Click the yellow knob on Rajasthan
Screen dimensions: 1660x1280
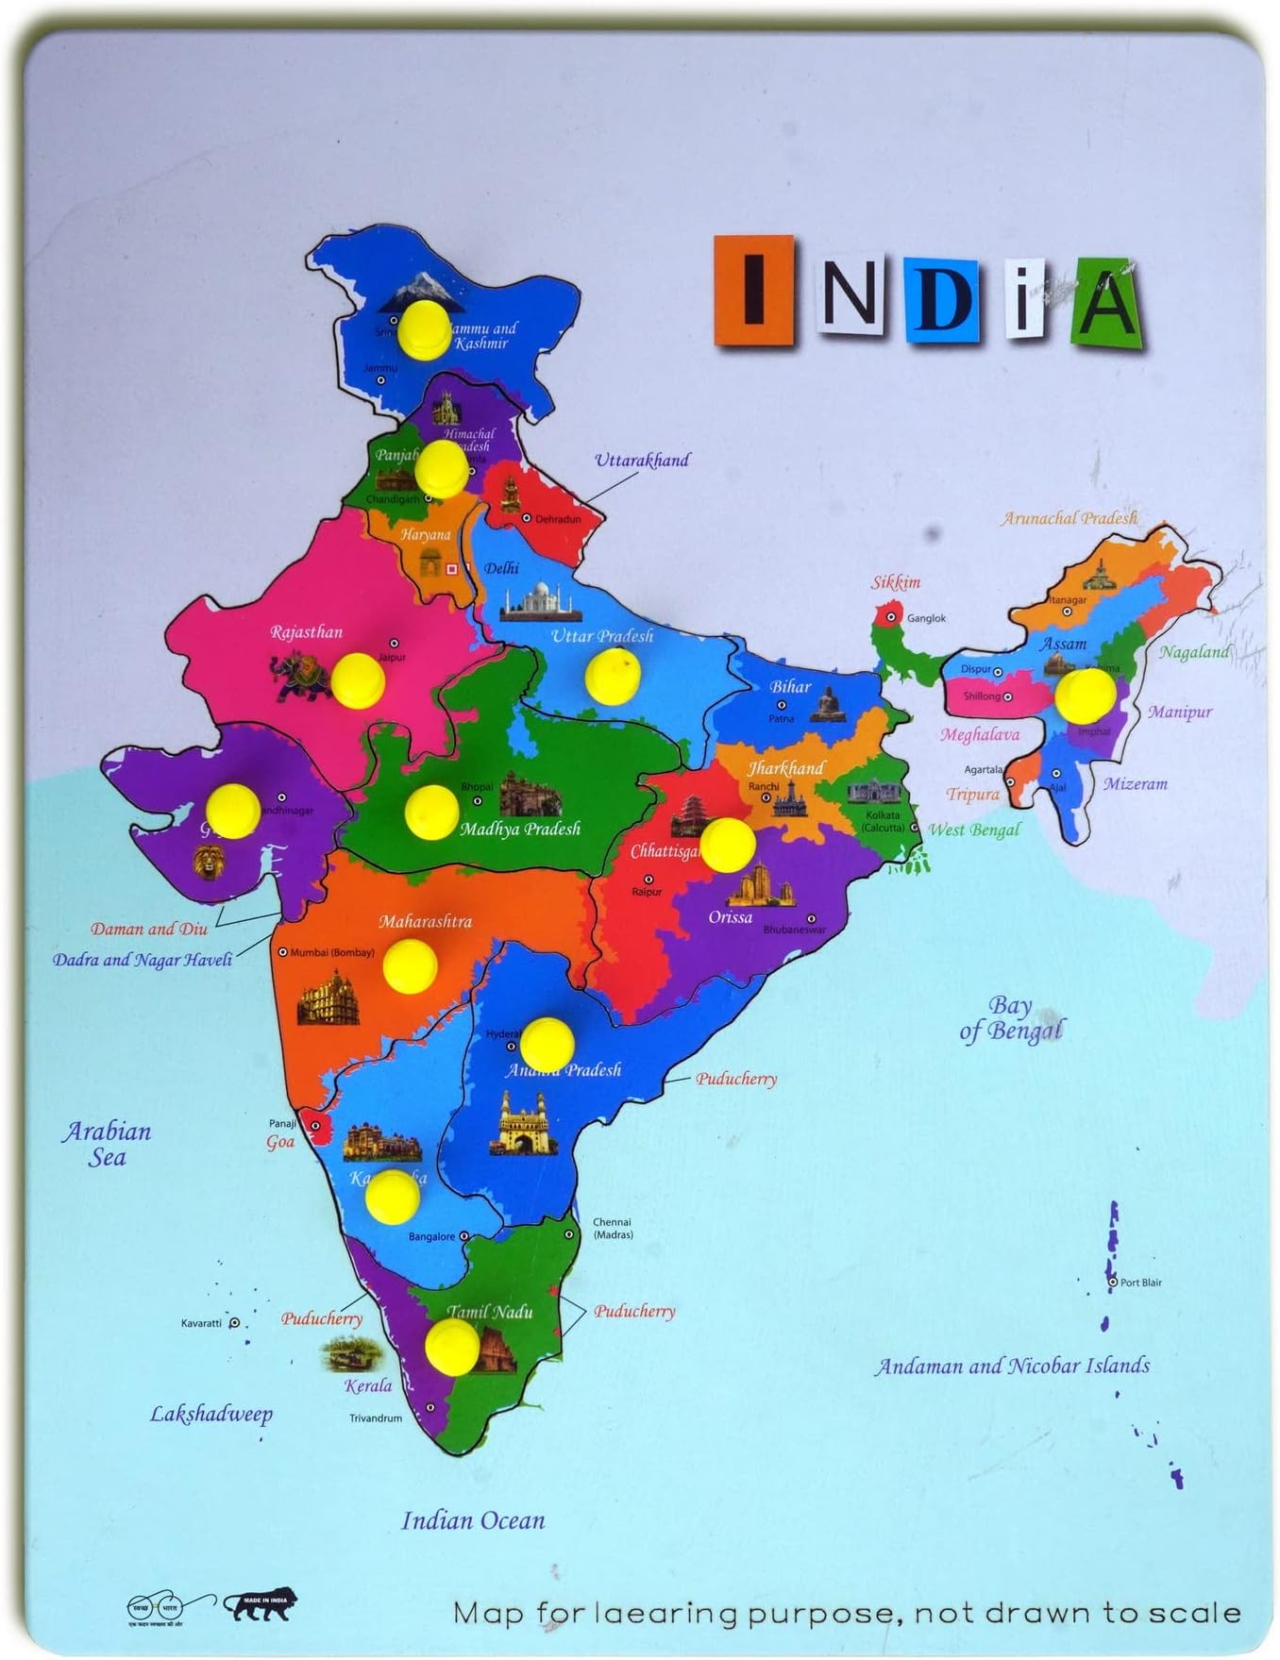[358, 679]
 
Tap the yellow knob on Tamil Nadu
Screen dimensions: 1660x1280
[452, 1346]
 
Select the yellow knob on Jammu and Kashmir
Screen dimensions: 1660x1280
[424, 329]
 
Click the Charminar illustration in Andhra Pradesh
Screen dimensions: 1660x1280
[518, 1124]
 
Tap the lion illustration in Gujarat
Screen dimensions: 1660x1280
[209, 862]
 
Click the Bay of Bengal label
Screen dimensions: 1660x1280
[1011, 1018]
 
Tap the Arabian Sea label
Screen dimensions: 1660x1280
[107, 1144]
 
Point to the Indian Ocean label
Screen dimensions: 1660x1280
[473, 1520]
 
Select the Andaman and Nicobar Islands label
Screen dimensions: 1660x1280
[1012, 1366]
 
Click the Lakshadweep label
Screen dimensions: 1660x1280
[211, 1414]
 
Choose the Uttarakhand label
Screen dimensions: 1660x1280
[642, 461]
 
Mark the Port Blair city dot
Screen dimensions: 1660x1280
[1113, 1282]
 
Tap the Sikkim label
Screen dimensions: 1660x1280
[895, 582]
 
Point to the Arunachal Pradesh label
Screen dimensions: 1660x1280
[1069, 518]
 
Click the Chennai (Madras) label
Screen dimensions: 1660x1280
[613, 1228]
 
